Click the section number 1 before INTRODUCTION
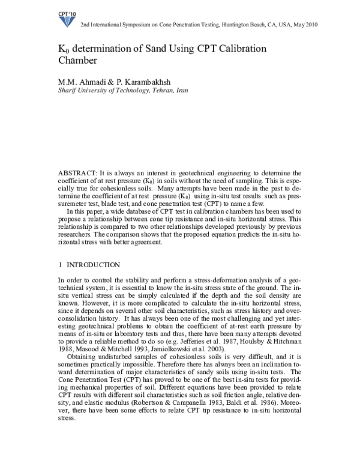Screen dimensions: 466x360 coord(60,265)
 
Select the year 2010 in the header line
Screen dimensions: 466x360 coord(309,25)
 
